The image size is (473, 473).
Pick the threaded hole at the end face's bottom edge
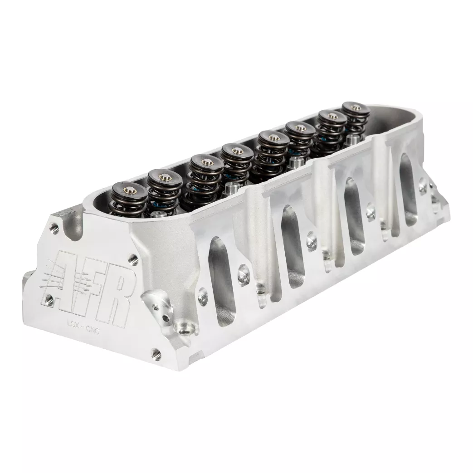point(156,351)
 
